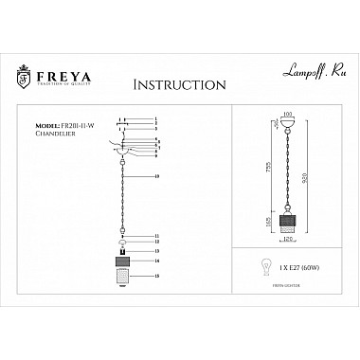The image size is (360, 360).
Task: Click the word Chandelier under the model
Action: (x=55, y=134)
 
